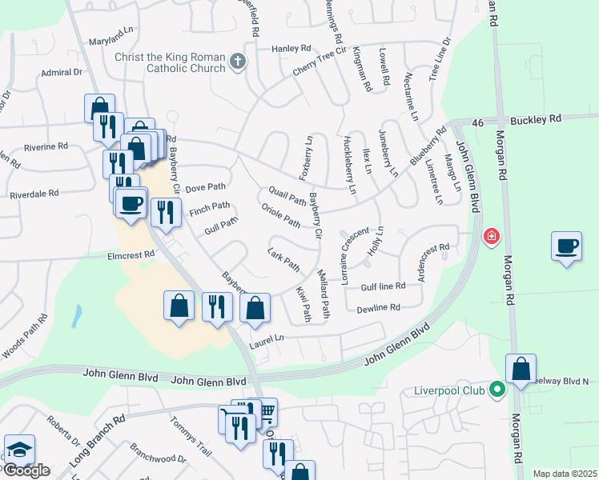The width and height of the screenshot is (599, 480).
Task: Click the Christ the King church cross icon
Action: point(237,62)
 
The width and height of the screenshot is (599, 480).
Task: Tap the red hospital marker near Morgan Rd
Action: point(491,238)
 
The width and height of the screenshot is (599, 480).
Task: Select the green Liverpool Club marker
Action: point(497,391)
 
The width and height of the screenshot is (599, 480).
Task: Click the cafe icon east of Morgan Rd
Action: point(566,246)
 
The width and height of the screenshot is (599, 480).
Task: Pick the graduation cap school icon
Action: point(19,450)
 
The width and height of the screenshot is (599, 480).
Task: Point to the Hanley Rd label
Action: point(290,49)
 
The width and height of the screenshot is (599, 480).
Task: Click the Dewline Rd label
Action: point(378,307)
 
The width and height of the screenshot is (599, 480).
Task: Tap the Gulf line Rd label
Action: point(383,286)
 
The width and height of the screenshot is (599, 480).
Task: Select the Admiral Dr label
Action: point(62,72)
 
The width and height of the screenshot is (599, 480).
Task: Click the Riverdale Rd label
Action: point(34,194)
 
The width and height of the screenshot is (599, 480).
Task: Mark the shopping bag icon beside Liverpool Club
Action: point(521,369)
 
